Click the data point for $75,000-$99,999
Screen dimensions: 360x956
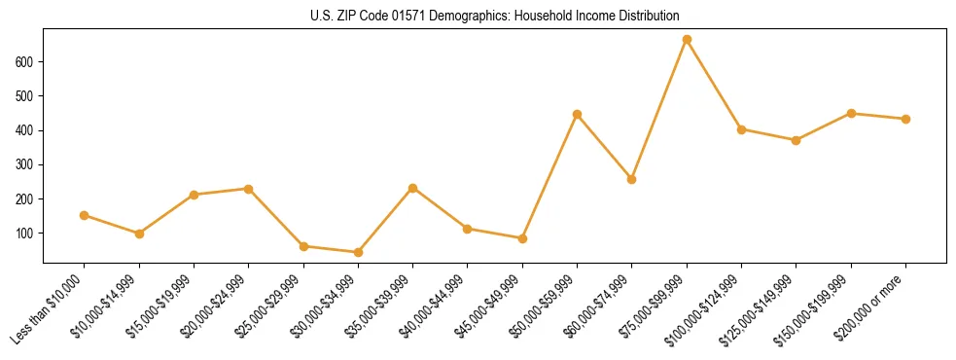(687, 40)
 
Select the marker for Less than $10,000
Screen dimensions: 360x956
(85, 215)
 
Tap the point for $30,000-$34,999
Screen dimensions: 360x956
(358, 252)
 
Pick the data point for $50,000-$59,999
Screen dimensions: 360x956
(577, 115)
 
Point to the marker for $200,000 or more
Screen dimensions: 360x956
(905, 119)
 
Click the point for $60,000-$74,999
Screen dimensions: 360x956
(632, 179)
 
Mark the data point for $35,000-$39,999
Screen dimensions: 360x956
(413, 188)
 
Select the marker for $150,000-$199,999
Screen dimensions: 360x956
(851, 114)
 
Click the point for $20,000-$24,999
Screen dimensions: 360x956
(249, 189)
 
